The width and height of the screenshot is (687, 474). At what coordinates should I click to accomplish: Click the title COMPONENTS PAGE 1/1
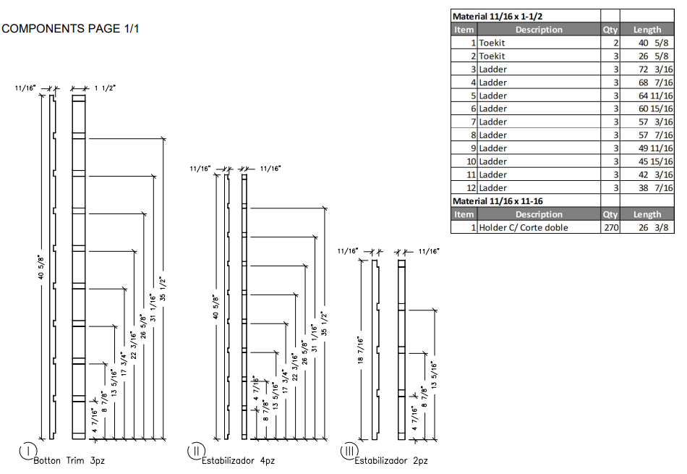point(70,29)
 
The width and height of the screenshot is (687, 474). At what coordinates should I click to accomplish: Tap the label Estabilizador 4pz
point(238,460)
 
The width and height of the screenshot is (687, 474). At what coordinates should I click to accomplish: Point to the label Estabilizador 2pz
point(391,460)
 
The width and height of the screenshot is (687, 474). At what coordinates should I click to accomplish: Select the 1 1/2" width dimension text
point(105,88)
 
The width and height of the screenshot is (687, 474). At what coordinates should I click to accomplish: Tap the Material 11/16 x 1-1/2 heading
point(499,16)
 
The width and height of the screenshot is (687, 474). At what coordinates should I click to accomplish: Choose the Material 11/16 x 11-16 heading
point(498,200)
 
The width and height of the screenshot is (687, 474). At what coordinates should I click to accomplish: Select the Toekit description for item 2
point(492,56)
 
